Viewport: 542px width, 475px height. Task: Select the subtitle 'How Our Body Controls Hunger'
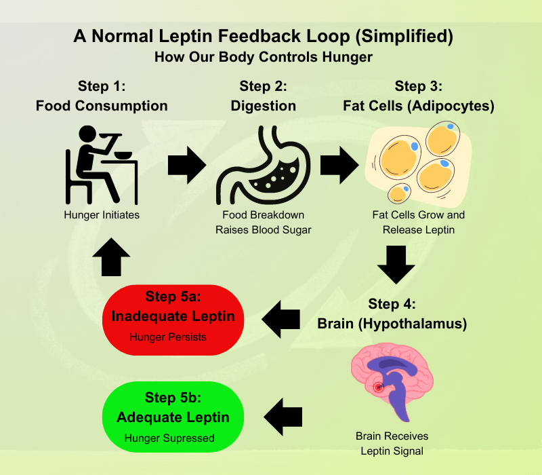pos(264,57)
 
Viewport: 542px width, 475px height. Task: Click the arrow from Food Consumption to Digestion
pos(186,164)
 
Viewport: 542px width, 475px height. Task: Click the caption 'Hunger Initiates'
pos(102,215)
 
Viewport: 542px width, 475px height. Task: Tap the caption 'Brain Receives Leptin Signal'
pos(392,443)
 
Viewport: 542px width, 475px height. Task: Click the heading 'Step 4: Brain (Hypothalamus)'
pos(392,313)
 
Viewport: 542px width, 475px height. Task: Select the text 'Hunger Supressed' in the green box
pos(169,438)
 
